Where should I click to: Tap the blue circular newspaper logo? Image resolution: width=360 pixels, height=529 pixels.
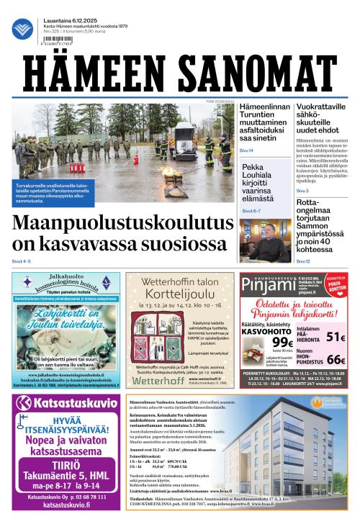tap(22, 30)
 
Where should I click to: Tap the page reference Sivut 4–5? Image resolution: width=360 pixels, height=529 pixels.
tap(21, 261)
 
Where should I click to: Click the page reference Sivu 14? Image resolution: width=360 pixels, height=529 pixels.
tap(246, 150)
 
